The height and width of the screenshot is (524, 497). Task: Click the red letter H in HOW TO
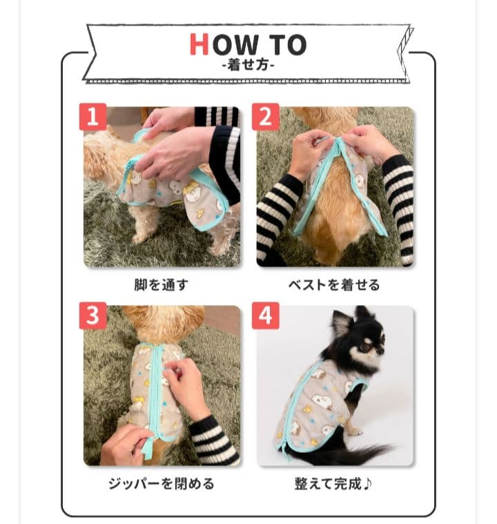click(199, 44)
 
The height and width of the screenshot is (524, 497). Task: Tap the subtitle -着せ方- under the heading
click(248, 64)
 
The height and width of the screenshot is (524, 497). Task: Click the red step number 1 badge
click(93, 117)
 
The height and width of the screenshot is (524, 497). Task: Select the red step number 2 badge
click(266, 117)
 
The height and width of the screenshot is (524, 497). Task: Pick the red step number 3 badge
click(93, 316)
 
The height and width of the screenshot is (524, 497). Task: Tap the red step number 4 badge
click(266, 316)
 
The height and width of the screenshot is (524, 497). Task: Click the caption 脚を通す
click(161, 285)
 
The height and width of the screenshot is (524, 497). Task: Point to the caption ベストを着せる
click(334, 285)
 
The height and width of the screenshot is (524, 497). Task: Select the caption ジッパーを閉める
click(161, 484)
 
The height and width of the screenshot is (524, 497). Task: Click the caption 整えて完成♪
click(333, 484)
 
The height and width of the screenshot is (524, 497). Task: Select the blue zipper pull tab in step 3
click(147, 449)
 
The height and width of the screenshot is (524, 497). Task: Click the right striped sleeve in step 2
click(398, 207)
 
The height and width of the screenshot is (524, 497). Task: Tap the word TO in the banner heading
click(288, 44)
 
